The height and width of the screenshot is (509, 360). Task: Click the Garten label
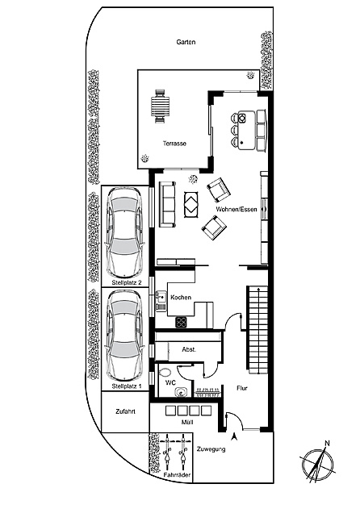(186, 42)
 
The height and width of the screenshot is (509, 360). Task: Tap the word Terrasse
(174, 144)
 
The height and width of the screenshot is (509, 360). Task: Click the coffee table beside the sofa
(193, 205)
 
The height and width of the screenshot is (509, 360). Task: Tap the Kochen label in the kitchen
(181, 298)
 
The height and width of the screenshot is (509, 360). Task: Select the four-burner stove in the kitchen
(181, 323)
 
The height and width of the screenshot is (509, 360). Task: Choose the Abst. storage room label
(189, 349)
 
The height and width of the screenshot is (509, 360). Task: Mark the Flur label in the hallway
(241, 388)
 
